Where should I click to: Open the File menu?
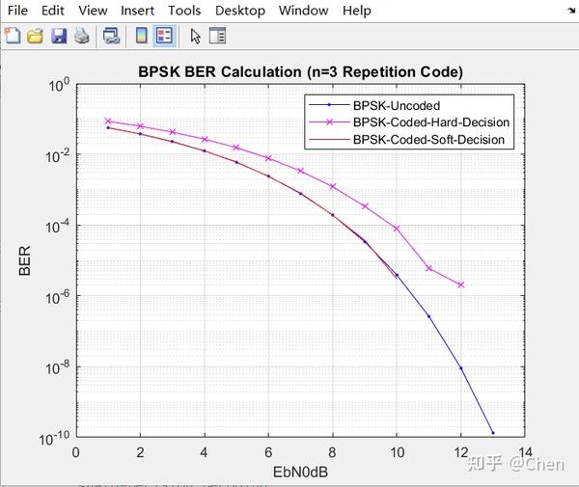pos(17,11)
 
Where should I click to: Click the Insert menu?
pos(137,11)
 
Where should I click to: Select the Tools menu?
pos(184,11)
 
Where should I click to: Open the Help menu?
pos(356,11)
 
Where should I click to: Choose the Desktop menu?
pos(239,11)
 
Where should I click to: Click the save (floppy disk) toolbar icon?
pos(59,36)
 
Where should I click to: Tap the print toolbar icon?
pos(82,36)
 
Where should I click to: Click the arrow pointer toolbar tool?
pos(196,36)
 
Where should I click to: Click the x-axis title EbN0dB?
pos(300,473)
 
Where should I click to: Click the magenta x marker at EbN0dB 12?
pos(461,284)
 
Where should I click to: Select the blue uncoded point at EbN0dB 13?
pos(493,433)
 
